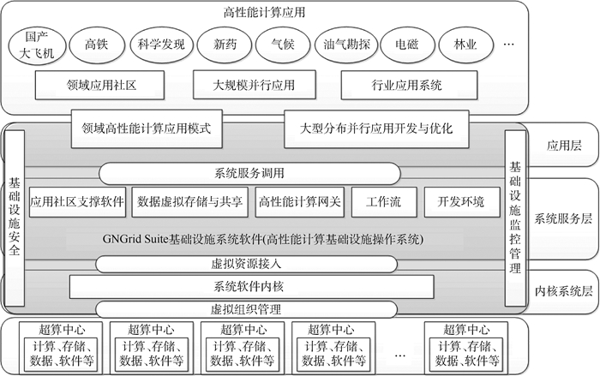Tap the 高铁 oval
(97, 42)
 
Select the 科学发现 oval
(160, 42)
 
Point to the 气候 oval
(282, 42)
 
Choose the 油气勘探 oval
(342, 42)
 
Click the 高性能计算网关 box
(300, 202)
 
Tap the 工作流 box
(383, 202)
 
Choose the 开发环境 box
(460, 202)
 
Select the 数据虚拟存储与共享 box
(189, 202)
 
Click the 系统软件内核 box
(251, 286)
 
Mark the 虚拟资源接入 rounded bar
(246, 263)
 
